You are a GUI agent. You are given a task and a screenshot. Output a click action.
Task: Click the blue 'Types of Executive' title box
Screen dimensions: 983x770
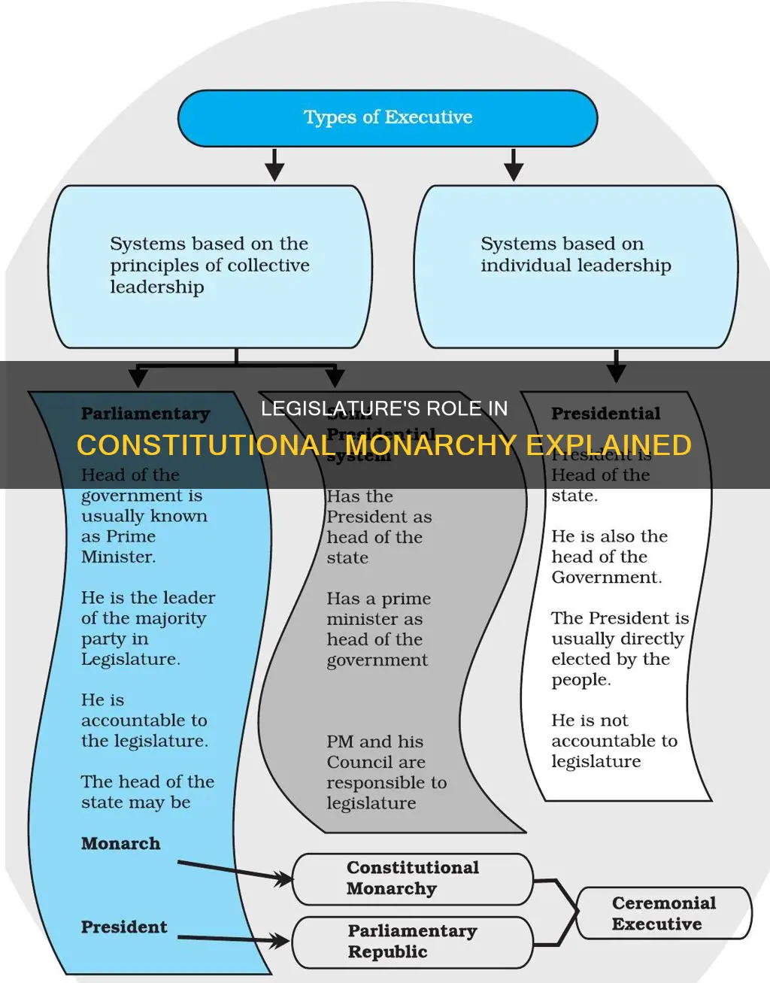click(x=387, y=118)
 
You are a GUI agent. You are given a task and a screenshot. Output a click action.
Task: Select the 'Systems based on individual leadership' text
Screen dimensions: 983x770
click(x=575, y=254)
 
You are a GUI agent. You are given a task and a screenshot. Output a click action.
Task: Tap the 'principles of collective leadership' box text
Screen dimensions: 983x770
click(x=209, y=265)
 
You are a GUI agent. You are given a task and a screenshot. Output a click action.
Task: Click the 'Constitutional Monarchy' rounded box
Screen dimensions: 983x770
click(x=412, y=878)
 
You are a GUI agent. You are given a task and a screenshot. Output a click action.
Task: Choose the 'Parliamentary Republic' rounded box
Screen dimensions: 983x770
click(x=412, y=942)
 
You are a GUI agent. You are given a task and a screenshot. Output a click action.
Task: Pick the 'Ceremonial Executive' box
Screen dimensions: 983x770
click(x=663, y=913)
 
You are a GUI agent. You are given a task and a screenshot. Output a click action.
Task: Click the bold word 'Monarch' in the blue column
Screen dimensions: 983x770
click(x=120, y=844)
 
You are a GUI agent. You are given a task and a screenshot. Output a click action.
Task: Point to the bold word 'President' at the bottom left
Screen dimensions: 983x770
click(x=124, y=927)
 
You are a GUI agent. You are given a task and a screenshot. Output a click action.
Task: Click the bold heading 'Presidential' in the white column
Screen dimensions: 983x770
click(x=605, y=414)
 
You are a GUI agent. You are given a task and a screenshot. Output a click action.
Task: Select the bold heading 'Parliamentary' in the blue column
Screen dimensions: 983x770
click(x=145, y=414)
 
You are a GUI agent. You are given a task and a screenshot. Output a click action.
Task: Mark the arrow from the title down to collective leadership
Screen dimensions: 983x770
click(x=274, y=165)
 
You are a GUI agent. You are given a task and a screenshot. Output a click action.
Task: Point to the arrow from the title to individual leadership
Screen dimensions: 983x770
click(x=514, y=165)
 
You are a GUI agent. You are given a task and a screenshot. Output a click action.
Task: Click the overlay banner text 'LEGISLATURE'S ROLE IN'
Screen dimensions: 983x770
click(x=384, y=408)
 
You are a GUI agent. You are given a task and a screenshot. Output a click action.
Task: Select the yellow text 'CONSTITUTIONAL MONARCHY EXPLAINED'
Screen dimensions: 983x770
click(x=384, y=445)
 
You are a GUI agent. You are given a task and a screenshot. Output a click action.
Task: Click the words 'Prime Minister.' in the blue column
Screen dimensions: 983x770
click(x=119, y=547)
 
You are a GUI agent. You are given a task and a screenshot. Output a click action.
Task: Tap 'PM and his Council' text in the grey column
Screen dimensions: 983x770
click(x=375, y=751)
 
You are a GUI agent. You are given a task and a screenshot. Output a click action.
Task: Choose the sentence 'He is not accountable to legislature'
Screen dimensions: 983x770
click(x=614, y=741)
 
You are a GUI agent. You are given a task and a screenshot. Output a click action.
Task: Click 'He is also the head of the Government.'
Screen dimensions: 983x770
click(x=608, y=557)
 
